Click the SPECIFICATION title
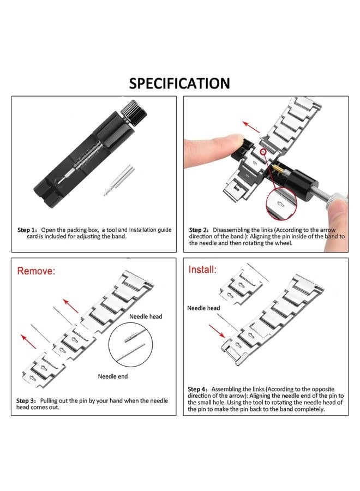click(x=179, y=83)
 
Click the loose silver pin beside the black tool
click(x=116, y=180)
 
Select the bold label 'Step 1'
click(x=27, y=230)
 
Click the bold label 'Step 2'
click(x=199, y=230)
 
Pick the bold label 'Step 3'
click(x=27, y=401)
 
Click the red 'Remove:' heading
click(x=36, y=271)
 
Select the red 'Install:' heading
click(x=203, y=270)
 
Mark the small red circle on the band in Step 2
click(x=263, y=151)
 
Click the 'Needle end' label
click(x=113, y=376)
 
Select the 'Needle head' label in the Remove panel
click(x=145, y=316)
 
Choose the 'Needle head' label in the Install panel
click(x=203, y=308)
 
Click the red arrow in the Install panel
click(x=218, y=330)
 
